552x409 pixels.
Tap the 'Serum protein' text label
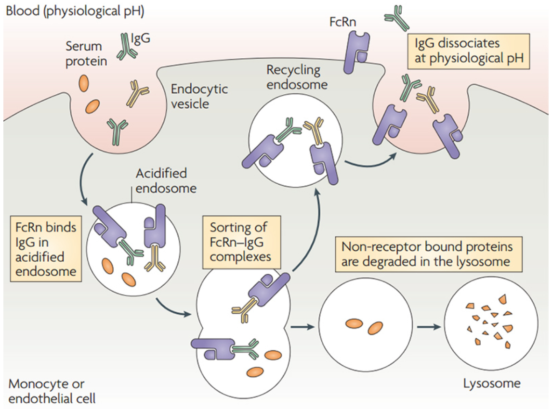pyautogui.click(x=85, y=53)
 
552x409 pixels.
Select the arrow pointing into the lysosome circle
pyautogui.click(x=429, y=327)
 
